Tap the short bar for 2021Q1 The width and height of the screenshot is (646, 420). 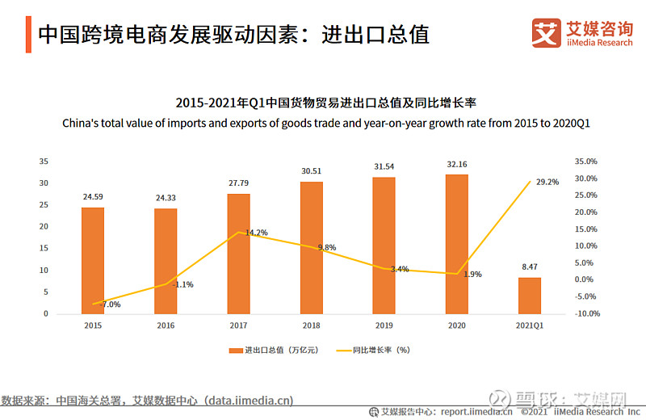[530, 295]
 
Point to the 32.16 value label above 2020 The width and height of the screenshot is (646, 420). [457, 165]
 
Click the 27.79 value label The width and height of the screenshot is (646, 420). [238, 184]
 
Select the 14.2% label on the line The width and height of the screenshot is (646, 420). [256, 233]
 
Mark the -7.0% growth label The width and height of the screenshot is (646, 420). [110, 304]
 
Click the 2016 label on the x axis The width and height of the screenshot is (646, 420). [166, 325]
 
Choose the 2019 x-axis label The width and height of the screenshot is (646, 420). [384, 325]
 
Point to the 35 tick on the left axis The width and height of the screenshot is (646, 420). [44, 162]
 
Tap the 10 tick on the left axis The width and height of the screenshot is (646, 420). [44, 270]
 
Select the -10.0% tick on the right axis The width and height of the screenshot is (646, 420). [585, 313]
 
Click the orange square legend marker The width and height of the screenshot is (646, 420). [235, 351]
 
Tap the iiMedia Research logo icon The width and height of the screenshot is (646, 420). [547, 33]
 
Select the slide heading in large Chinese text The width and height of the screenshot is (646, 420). [233, 34]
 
